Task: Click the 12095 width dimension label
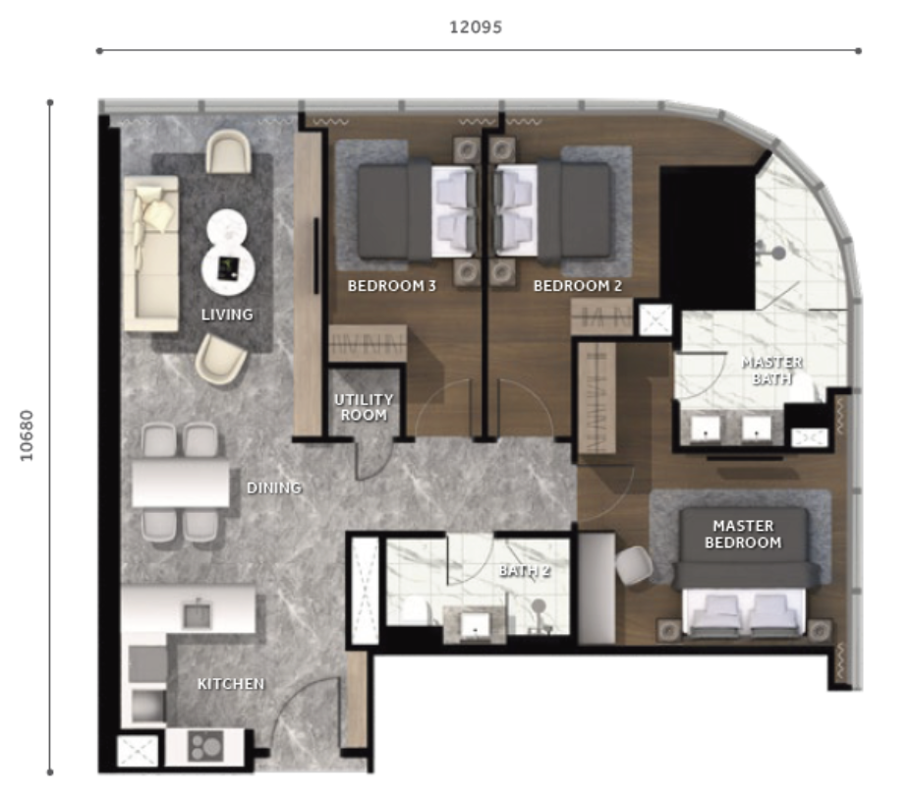click(476, 28)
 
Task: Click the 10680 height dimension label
click(27, 435)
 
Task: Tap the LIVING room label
click(227, 315)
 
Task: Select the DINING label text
click(274, 488)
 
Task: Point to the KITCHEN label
click(231, 684)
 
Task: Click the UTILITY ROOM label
click(364, 407)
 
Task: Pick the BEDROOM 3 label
click(391, 286)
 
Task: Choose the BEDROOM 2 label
click(578, 286)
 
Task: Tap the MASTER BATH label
click(772, 370)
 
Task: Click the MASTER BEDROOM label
click(743, 534)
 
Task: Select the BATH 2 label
click(525, 570)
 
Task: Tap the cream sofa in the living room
click(151, 254)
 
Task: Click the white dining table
click(181, 484)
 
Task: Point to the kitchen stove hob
click(205, 746)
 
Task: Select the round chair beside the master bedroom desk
click(635, 564)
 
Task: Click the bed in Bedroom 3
click(417, 211)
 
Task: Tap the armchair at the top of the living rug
click(228, 151)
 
